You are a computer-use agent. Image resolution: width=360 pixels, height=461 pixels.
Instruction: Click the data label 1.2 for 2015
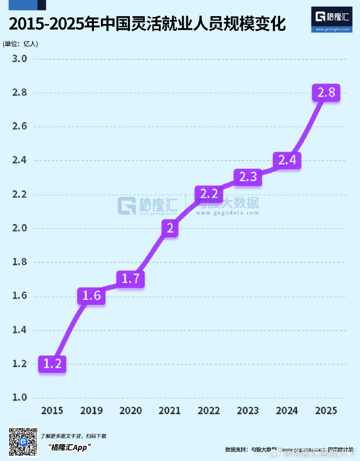[x=52, y=364]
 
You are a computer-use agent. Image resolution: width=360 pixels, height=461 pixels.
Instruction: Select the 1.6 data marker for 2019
[x=92, y=297]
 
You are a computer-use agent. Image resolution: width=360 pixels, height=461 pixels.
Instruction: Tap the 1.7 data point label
[x=130, y=279]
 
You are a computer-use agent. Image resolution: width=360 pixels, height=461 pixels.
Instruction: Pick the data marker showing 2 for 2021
[x=170, y=228]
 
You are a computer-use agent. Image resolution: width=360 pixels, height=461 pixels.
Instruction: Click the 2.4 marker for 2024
[x=287, y=160]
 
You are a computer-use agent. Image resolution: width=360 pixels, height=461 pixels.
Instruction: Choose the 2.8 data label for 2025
[x=326, y=93]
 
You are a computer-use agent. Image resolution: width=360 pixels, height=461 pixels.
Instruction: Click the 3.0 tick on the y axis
[x=20, y=58]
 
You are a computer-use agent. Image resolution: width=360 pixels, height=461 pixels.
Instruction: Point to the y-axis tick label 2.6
[x=20, y=126]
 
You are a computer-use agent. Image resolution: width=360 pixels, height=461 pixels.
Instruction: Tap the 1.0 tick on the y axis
[x=20, y=398]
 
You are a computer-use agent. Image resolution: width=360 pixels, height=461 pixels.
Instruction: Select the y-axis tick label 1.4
[x=20, y=330]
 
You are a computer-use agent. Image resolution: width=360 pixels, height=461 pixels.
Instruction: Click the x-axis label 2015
[x=52, y=411]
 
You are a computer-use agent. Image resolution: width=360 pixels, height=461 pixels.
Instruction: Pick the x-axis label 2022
[x=209, y=411]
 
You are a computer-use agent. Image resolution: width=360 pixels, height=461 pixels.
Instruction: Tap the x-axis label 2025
[x=326, y=411]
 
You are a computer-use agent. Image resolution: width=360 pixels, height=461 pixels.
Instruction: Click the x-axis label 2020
[x=130, y=411]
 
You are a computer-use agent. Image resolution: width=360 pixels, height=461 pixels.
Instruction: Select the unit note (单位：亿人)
[x=20, y=43]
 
